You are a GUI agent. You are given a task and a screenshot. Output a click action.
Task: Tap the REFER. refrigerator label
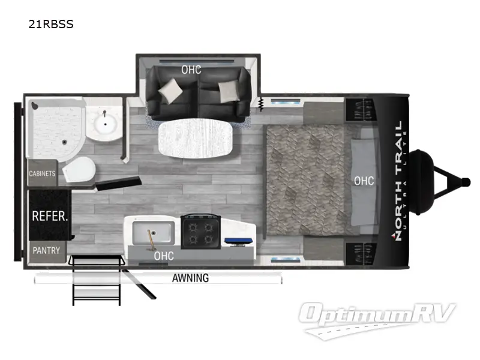point(49,216)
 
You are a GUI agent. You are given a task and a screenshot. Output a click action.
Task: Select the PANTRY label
point(46,250)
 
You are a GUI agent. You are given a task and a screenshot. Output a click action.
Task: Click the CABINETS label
point(42,174)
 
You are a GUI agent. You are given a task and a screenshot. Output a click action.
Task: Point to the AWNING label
point(190,278)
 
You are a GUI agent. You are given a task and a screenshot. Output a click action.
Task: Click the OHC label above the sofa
point(191,70)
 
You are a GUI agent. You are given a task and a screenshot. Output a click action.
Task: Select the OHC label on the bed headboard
point(364,181)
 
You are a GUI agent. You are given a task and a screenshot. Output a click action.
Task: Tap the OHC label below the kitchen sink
point(164,256)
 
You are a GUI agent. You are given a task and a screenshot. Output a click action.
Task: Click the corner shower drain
point(65,142)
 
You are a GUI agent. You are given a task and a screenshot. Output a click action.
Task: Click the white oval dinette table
point(193,140)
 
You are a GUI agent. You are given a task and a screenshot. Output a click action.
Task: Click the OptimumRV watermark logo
point(378,316)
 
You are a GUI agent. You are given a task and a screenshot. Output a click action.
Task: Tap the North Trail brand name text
point(398,181)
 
